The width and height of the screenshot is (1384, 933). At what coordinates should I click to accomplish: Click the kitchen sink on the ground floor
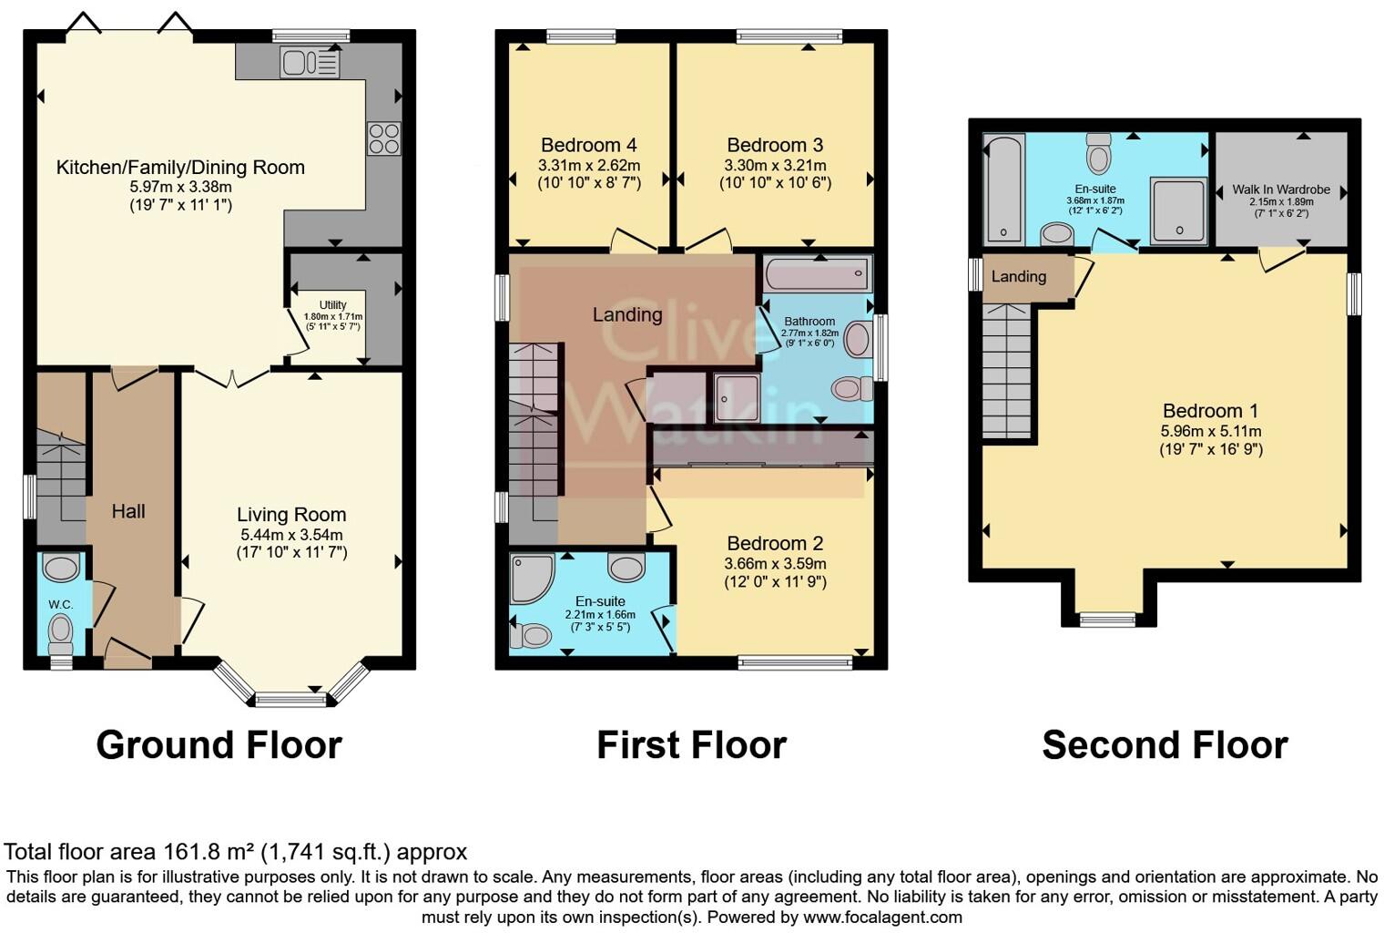(x=310, y=63)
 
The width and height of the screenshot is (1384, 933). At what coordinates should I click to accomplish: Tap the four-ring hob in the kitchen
(x=383, y=138)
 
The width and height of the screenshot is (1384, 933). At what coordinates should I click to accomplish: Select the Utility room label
(x=332, y=305)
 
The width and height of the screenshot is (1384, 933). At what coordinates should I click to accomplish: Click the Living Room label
(x=291, y=515)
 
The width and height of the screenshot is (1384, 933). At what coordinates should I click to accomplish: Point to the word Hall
(x=128, y=512)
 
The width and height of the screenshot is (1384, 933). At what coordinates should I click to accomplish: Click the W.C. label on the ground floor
(x=61, y=604)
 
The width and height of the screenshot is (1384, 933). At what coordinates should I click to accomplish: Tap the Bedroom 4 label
(x=588, y=145)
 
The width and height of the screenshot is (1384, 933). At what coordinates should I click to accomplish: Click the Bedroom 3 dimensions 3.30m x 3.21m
(x=775, y=166)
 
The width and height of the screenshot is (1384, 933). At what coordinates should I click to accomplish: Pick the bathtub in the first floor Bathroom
(x=818, y=273)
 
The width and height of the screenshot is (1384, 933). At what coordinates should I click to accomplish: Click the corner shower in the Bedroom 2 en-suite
(x=530, y=578)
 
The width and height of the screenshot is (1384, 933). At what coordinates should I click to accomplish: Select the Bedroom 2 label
(x=775, y=544)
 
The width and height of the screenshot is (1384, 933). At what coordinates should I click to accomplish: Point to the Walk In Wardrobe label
(x=1281, y=190)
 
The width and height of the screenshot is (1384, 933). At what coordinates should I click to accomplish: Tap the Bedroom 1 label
(x=1210, y=411)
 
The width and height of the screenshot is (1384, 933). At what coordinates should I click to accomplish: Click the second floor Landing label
(x=1018, y=277)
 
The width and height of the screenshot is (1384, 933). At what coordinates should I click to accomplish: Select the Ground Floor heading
(x=219, y=745)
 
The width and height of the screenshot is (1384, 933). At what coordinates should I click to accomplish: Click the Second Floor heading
(x=1165, y=745)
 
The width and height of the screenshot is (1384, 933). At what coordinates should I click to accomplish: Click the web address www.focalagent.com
(x=882, y=918)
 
